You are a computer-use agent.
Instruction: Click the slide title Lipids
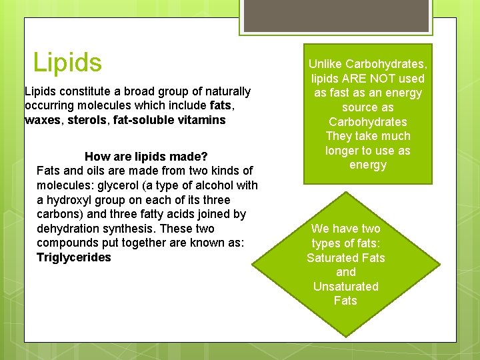pyautogui.click(x=67, y=63)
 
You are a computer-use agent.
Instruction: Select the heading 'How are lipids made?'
pyautogui.click(x=146, y=157)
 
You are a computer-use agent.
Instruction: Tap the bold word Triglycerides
pyautogui.click(x=74, y=257)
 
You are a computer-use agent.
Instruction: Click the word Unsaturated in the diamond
pyautogui.click(x=345, y=287)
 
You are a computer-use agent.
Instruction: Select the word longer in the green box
pyautogui.click(x=343, y=151)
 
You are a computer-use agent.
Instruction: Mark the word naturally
pyautogui.click(x=225, y=91)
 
